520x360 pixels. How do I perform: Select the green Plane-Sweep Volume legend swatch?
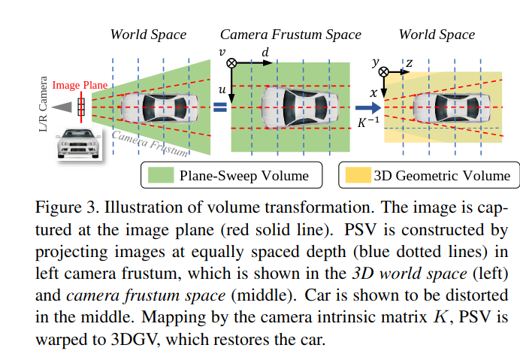(x=160, y=176)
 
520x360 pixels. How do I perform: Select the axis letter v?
(x=222, y=51)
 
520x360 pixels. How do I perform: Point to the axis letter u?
(x=222, y=89)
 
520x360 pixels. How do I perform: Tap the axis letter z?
(x=409, y=63)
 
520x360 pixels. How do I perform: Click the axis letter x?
(x=373, y=93)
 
